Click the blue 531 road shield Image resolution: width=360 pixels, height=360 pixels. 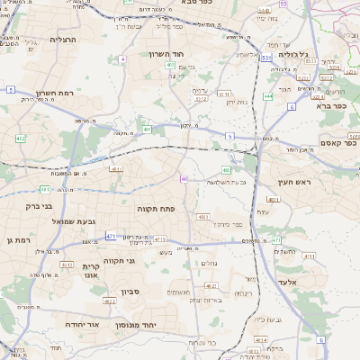point(267,58)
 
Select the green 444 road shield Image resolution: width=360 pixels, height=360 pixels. point(268,96)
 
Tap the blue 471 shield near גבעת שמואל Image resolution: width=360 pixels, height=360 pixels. point(111,236)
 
